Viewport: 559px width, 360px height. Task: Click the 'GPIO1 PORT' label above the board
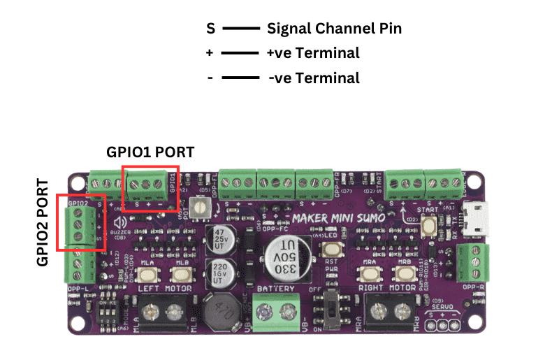[150, 152]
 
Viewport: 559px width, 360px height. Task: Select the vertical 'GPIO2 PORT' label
[43, 223]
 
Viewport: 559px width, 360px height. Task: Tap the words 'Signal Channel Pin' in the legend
[334, 29]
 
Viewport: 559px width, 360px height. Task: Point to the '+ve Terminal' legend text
[313, 52]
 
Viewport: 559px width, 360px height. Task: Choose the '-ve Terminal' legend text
[314, 78]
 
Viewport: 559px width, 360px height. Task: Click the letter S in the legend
[210, 29]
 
